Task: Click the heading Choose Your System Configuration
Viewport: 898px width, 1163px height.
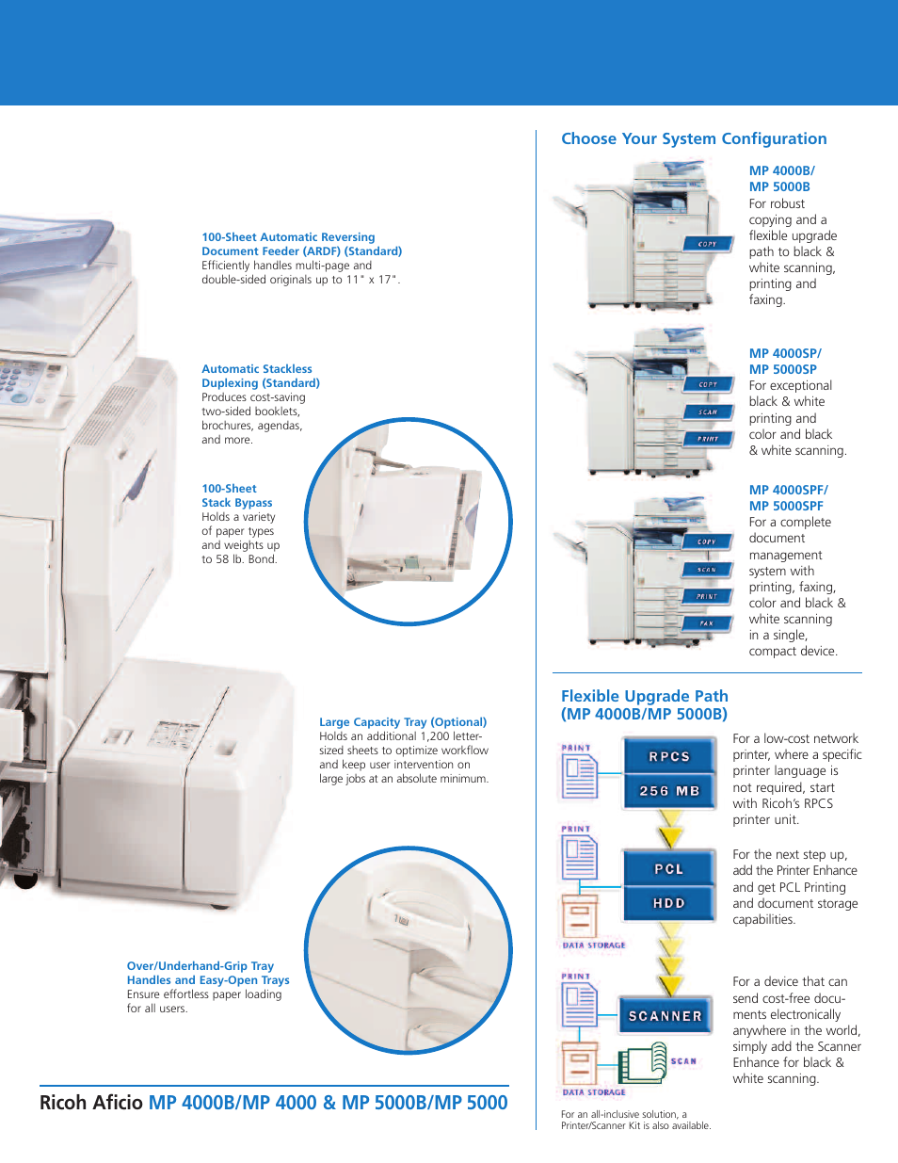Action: [x=694, y=138]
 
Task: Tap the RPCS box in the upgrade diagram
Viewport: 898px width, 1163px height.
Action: [x=668, y=756]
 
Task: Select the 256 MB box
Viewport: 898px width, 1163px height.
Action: [x=668, y=791]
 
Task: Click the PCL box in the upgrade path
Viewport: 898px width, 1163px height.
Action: [x=668, y=868]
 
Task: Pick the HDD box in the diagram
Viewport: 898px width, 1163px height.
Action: [x=668, y=902]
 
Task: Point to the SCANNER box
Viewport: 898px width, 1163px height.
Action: [x=665, y=1015]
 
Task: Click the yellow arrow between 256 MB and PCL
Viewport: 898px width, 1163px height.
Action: [x=670, y=833]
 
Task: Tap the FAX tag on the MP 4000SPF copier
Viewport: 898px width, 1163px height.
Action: [x=707, y=623]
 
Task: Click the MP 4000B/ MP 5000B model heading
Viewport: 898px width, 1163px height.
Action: [x=781, y=178]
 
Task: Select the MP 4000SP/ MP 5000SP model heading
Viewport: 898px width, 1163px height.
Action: [x=785, y=361]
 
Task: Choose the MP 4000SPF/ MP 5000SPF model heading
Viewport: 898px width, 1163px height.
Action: [x=788, y=497]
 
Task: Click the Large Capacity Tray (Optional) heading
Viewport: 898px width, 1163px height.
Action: [x=403, y=721]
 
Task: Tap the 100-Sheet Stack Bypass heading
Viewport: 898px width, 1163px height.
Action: [x=236, y=495]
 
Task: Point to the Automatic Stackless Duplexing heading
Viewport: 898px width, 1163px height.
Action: [x=260, y=376]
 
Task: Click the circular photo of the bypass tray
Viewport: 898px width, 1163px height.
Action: [x=409, y=522]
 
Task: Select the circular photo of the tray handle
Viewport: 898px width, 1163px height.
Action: [x=409, y=949]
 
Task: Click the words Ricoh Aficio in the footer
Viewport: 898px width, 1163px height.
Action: [x=91, y=1102]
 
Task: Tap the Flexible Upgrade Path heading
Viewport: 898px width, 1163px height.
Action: [x=644, y=704]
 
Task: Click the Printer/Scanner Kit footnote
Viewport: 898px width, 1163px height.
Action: [x=635, y=1120]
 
